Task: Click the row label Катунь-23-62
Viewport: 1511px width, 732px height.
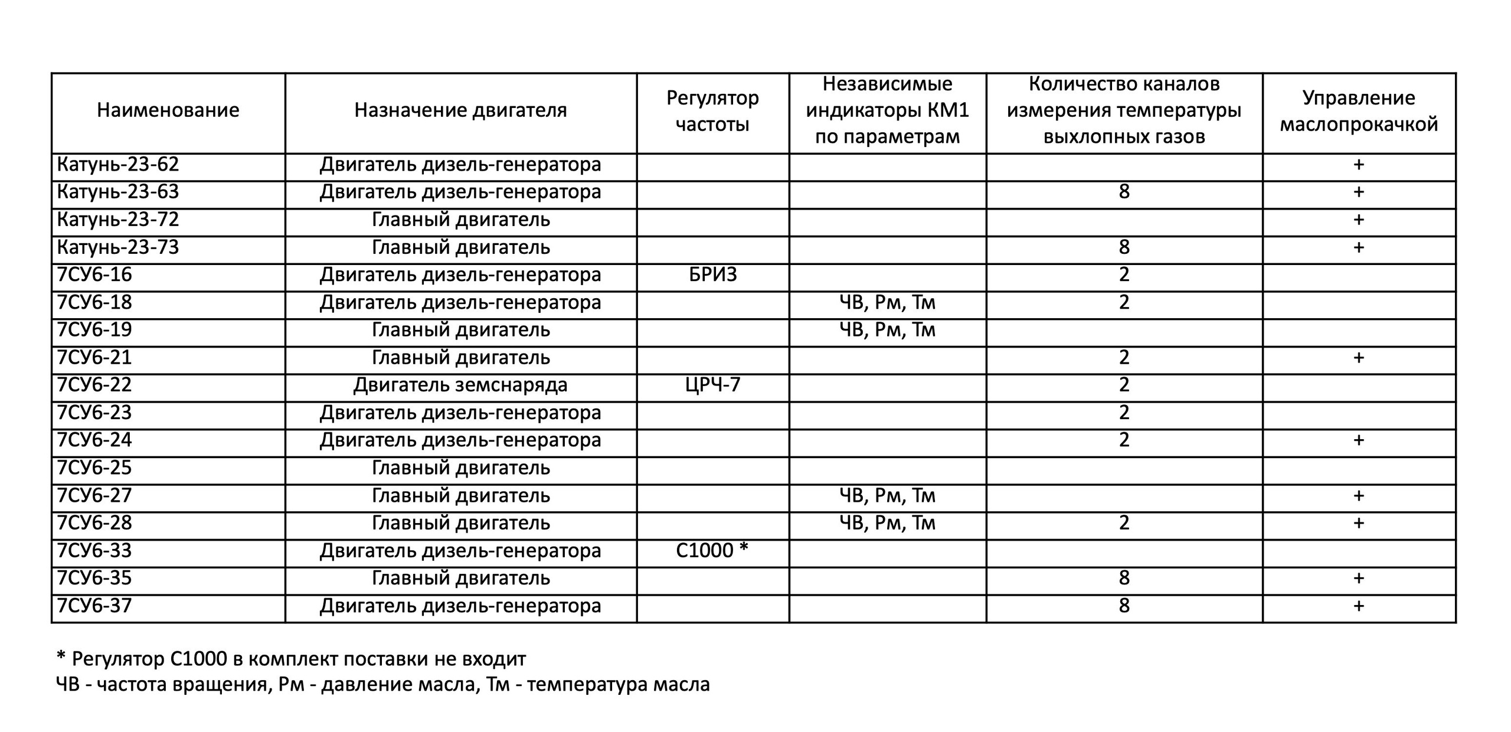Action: coord(117,165)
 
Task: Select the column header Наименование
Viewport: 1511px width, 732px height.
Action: coord(168,110)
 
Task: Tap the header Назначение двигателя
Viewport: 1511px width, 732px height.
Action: coord(460,110)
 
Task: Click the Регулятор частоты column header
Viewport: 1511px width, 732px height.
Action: coord(712,111)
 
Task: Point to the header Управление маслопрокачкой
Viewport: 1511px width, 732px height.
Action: coord(1359,111)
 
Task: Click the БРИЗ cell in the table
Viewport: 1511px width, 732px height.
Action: coord(712,275)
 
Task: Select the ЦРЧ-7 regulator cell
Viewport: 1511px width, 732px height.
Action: coord(712,385)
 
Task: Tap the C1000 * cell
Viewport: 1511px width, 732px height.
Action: coord(712,551)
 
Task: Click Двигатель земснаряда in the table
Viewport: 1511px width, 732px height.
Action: coord(460,385)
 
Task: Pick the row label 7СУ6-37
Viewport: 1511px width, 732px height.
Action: coord(94,606)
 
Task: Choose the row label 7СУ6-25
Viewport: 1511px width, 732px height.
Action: coord(94,468)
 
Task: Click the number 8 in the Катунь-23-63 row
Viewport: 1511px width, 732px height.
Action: coord(1124,192)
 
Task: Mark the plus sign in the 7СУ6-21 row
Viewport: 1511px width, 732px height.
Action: coord(1359,358)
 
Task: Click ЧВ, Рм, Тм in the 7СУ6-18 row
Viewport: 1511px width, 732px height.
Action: coord(887,303)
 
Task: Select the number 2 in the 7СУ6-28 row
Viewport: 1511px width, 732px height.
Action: coord(1124,523)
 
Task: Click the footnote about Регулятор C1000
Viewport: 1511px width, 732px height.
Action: coord(291,658)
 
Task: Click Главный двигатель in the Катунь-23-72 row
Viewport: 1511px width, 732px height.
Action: coord(460,220)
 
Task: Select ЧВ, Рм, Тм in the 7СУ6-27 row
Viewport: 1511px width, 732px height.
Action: coord(887,496)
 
